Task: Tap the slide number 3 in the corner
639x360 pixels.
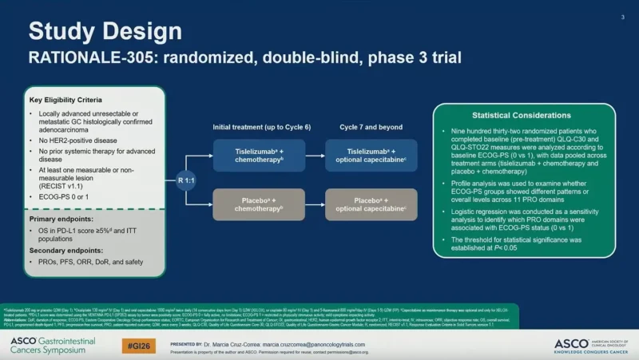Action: tap(622, 17)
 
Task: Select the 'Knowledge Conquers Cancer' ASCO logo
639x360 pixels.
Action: tap(588, 344)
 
